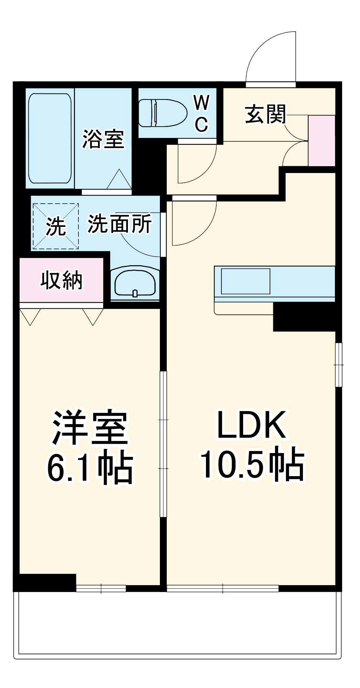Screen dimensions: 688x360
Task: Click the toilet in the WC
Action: point(162,113)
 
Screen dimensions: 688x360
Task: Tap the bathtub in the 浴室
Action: point(50,138)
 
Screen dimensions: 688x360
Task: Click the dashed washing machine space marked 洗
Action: point(56,226)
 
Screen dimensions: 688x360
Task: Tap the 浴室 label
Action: point(103,139)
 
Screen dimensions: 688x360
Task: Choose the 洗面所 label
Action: point(119,224)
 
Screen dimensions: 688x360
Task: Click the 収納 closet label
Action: point(62,280)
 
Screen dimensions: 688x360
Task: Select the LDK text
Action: point(251,425)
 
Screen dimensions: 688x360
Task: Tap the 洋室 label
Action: point(90,428)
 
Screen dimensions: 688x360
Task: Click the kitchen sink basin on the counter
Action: point(245,281)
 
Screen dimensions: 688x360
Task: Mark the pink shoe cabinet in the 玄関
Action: point(321,141)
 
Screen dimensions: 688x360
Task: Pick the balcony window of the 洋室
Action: point(101,588)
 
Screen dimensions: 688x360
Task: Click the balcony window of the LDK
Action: point(223,588)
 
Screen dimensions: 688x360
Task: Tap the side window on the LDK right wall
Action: point(339,365)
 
